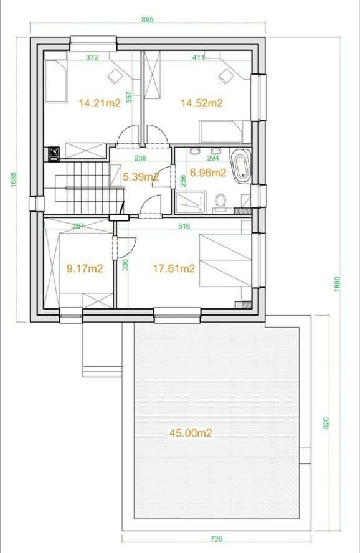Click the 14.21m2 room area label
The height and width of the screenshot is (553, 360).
pyautogui.click(x=100, y=103)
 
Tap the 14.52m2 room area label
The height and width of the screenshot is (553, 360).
pyautogui.click(x=202, y=103)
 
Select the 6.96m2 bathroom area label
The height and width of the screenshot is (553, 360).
pyautogui.click(x=207, y=173)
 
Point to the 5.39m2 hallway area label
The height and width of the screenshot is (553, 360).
pyautogui.click(x=141, y=177)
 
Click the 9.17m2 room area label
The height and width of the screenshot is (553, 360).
pyautogui.click(x=85, y=269)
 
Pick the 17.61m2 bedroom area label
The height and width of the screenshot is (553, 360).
pyautogui.click(x=174, y=269)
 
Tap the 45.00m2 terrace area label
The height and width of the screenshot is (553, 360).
pyautogui.click(x=191, y=433)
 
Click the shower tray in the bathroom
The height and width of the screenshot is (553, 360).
pyautogui.click(x=191, y=202)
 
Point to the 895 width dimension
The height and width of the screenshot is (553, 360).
pyautogui.click(x=148, y=20)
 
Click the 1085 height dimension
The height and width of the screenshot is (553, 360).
pyautogui.click(x=14, y=179)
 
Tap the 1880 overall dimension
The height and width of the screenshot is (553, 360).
pyautogui.click(x=337, y=283)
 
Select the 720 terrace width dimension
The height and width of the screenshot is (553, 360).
pyautogui.click(x=217, y=539)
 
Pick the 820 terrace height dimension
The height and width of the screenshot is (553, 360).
pyautogui.click(x=326, y=423)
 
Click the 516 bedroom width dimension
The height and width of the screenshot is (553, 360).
pyautogui.click(x=184, y=226)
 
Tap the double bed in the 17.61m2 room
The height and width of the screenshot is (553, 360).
pyautogui.click(x=225, y=260)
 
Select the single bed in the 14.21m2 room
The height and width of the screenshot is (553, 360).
pyautogui.click(x=55, y=81)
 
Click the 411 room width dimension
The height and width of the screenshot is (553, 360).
pyautogui.click(x=198, y=57)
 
